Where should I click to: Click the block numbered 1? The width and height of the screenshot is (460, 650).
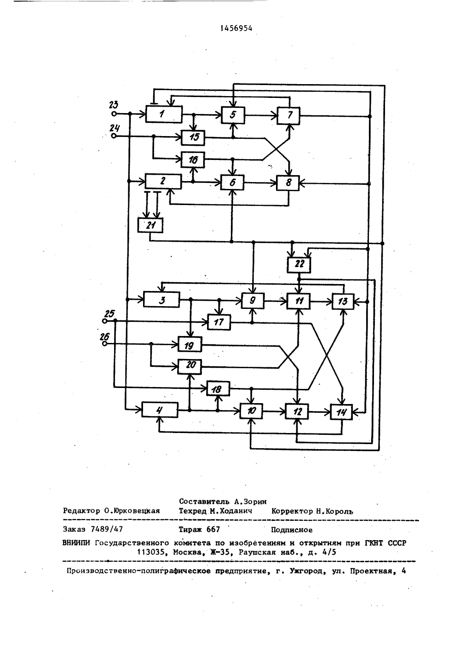pyautogui.click(x=164, y=114)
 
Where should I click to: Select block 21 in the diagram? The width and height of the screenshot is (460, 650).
pyautogui.click(x=150, y=225)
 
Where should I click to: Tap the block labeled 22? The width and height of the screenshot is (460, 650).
pyautogui.click(x=299, y=264)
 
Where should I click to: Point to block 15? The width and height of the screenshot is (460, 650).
pyautogui.click(x=193, y=137)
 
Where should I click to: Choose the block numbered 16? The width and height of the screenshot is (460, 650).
pyautogui.click(x=193, y=160)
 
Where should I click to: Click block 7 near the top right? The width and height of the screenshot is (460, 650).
pyautogui.click(x=288, y=116)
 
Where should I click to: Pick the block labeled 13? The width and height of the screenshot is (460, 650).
pyautogui.click(x=343, y=301)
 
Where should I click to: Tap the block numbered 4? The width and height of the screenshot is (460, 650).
pyautogui.click(x=160, y=410)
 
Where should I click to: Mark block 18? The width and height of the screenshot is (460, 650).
pyautogui.click(x=218, y=389)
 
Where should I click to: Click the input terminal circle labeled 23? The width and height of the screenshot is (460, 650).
pyautogui.click(x=114, y=114)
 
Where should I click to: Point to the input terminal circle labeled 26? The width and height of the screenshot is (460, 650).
pyautogui.click(x=104, y=343)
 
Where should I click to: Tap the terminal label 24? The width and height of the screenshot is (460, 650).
pyautogui.click(x=115, y=128)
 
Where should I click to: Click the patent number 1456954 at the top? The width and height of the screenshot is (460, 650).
pyautogui.click(x=236, y=28)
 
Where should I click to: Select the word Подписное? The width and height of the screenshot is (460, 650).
pyautogui.click(x=292, y=530)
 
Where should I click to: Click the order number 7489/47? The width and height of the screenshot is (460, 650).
pyautogui.click(x=107, y=529)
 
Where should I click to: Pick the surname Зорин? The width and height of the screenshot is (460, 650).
pyautogui.click(x=255, y=502)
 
